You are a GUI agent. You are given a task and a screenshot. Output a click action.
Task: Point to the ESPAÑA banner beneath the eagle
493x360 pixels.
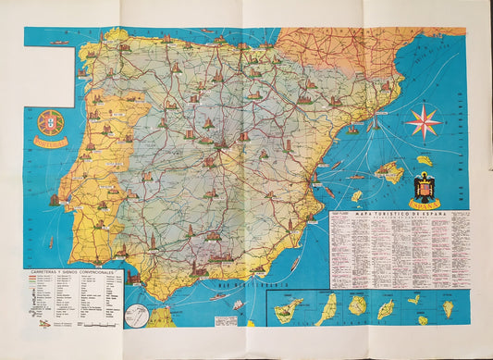coord(425,205)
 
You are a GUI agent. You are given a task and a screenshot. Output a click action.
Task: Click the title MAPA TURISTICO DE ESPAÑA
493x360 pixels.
coord(398,216)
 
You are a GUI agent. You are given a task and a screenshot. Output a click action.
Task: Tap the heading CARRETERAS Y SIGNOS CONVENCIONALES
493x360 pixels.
coord(74,273)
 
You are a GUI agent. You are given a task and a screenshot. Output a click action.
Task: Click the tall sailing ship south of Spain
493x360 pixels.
coord(239,304)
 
